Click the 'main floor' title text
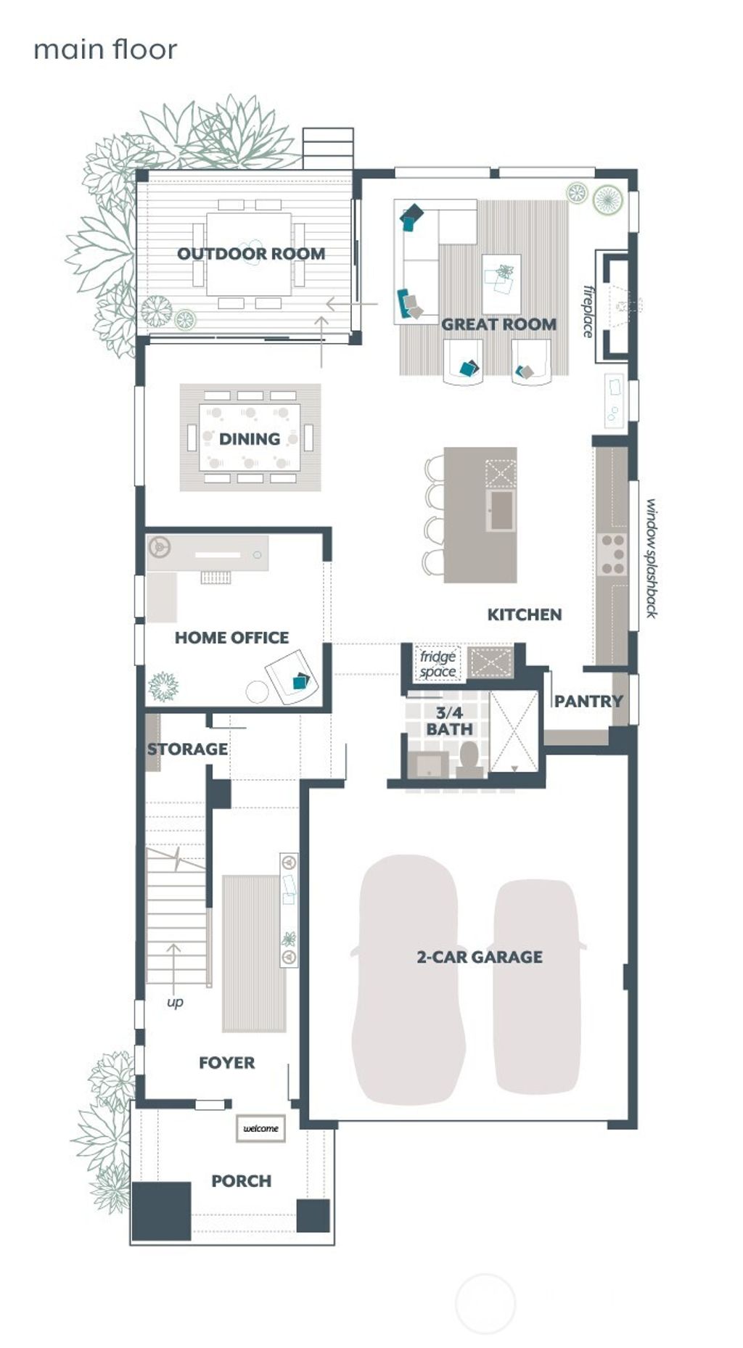105,50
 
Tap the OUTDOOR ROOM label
251,254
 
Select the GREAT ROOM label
499,324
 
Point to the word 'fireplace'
588,311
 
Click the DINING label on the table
250,439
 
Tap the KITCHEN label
524,615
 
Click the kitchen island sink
501,510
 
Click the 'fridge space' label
438,664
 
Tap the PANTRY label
588,701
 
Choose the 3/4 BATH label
449,721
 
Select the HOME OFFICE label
231,638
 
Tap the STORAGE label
187,749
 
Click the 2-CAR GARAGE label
480,957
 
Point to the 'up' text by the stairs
175,1002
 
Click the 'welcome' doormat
260,1128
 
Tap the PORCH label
242,1181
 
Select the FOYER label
226,1063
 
